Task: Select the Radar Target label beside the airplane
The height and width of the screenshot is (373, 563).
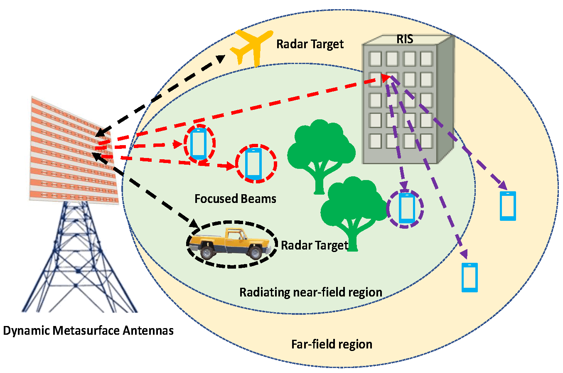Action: (x=310, y=44)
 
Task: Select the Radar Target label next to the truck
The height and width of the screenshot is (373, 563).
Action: (x=315, y=245)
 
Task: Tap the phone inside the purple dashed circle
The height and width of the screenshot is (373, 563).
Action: (x=406, y=208)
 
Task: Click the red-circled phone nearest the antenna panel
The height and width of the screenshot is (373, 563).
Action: (x=199, y=144)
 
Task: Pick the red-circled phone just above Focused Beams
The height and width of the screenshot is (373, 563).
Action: (x=253, y=164)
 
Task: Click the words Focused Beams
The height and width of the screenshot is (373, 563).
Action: (x=235, y=199)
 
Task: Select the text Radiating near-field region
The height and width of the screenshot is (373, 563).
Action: (x=310, y=292)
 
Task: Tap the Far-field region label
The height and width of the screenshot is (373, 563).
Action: (x=332, y=344)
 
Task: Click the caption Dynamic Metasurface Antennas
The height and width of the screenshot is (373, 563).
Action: (x=88, y=331)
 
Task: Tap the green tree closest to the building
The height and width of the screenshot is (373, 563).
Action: (x=320, y=150)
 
